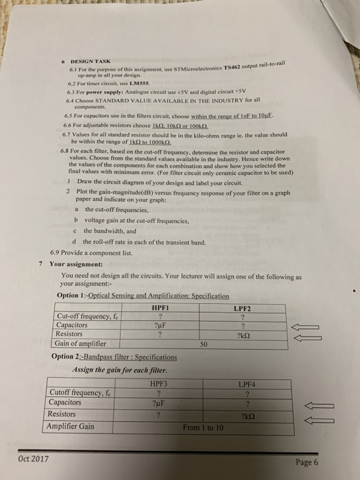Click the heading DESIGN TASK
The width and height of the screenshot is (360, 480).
(x=86, y=60)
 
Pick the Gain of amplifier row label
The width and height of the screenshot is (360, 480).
(x=82, y=343)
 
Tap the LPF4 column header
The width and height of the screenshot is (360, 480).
(x=247, y=385)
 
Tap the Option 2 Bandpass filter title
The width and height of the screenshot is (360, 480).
(x=114, y=357)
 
